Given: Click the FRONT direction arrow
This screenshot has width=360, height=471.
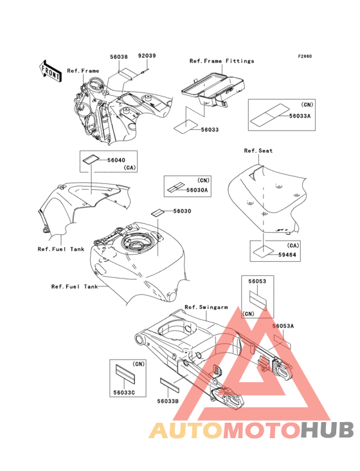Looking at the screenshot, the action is click(x=50, y=71).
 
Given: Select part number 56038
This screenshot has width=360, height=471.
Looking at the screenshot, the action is click(x=119, y=57).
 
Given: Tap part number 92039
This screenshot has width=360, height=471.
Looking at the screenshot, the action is click(x=147, y=55).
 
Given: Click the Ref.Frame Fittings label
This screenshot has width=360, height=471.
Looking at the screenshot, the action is click(x=222, y=61).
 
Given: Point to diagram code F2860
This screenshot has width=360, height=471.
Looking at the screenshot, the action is click(x=305, y=56).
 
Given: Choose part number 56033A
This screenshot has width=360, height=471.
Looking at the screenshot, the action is click(x=300, y=116).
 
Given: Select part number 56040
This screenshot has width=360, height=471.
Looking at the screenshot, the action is click(x=116, y=160).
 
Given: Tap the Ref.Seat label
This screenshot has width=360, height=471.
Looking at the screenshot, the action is click(x=258, y=151).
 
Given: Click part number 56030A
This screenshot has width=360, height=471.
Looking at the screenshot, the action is click(x=197, y=190).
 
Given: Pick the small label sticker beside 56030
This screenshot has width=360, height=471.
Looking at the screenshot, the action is click(x=157, y=212).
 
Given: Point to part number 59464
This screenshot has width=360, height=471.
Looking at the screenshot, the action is click(x=287, y=255).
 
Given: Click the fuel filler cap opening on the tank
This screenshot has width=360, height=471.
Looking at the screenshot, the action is click(x=137, y=243).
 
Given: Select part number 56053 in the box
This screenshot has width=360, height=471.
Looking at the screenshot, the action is click(x=257, y=281).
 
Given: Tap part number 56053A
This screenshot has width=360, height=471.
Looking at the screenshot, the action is click(x=283, y=326).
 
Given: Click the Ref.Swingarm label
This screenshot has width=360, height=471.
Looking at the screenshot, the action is click(x=206, y=307).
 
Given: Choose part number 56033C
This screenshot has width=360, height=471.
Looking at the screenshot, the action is click(x=124, y=392).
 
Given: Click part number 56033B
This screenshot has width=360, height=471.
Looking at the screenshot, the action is click(x=168, y=401).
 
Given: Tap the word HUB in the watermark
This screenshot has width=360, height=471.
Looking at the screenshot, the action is click(x=328, y=430).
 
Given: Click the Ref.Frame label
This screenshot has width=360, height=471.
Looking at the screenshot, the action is click(x=83, y=71).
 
